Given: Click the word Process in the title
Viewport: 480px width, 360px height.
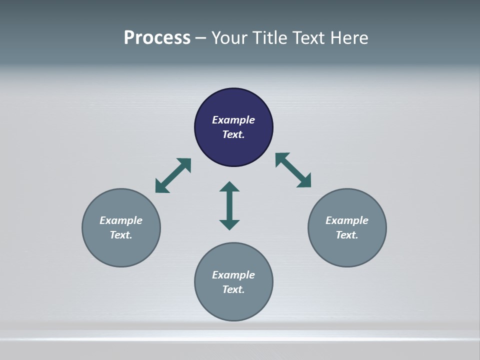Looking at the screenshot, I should point(157,38).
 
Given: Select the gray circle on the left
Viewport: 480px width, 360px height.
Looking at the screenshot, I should point(121,250).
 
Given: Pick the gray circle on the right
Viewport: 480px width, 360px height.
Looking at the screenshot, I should point(347,250).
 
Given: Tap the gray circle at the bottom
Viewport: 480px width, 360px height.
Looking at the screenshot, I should point(233,305).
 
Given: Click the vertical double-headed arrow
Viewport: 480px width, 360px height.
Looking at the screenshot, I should point(229,205).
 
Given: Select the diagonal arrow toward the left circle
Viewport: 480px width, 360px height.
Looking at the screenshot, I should point(173,175).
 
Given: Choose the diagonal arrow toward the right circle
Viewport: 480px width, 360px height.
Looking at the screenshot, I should point(293,170).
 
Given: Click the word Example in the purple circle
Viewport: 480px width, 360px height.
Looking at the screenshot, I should point(233,120).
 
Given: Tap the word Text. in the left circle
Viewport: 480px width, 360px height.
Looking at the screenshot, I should point(121,235).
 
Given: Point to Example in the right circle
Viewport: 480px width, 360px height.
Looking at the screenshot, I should point(347,220).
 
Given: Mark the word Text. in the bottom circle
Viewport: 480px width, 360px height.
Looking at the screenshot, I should point(233,289).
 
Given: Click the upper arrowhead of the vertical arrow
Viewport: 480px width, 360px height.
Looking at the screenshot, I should point(229,186).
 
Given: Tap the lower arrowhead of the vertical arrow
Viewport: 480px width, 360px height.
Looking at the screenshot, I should point(229,224).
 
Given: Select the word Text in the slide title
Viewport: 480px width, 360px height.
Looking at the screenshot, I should point(309,38).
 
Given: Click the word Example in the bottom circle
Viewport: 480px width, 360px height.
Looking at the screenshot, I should point(233,275).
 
